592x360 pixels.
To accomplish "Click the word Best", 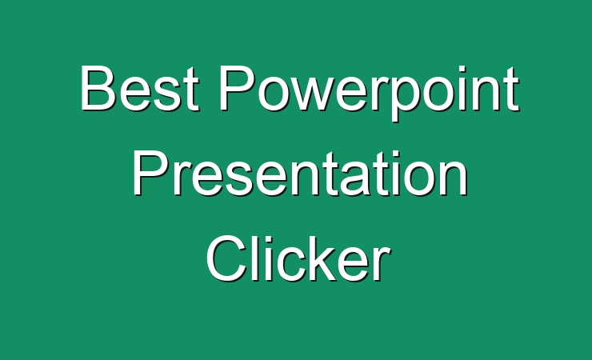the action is coord(139,88).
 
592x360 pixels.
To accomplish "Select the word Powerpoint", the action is coord(370,94).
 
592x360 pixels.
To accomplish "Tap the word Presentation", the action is coord(300,173).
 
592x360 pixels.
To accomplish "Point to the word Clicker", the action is coord(298,258).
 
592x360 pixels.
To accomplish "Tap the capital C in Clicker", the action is coord(226,258).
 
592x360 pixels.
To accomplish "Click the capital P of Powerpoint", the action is coord(237,88).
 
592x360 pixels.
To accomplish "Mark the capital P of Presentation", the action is coord(149,173).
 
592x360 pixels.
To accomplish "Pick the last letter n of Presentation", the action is coord(454,179).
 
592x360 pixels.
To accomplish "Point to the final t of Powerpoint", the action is coord(512,90).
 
